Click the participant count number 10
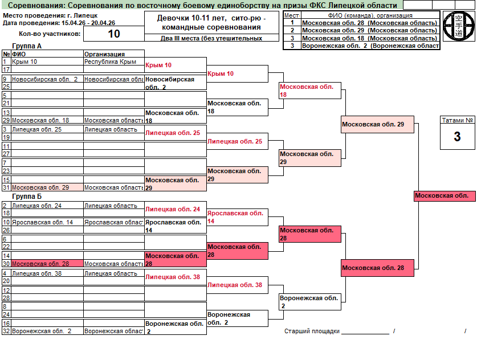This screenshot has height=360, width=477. click(114, 34)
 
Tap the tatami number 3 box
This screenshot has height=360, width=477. click(457, 137)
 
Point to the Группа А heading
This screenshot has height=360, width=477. click(27, 46)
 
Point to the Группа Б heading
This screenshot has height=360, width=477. click(27, 197)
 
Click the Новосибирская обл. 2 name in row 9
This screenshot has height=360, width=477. click(45, 79)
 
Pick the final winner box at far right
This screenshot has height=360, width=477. click(444, 196)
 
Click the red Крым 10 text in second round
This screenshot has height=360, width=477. click(221, 74)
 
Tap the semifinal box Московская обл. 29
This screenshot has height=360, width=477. click(372, 124)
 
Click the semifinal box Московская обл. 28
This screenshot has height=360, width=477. click(372, 268)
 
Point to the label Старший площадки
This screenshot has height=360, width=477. click(312, 331)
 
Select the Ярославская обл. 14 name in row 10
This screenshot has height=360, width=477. click(43, 222)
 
